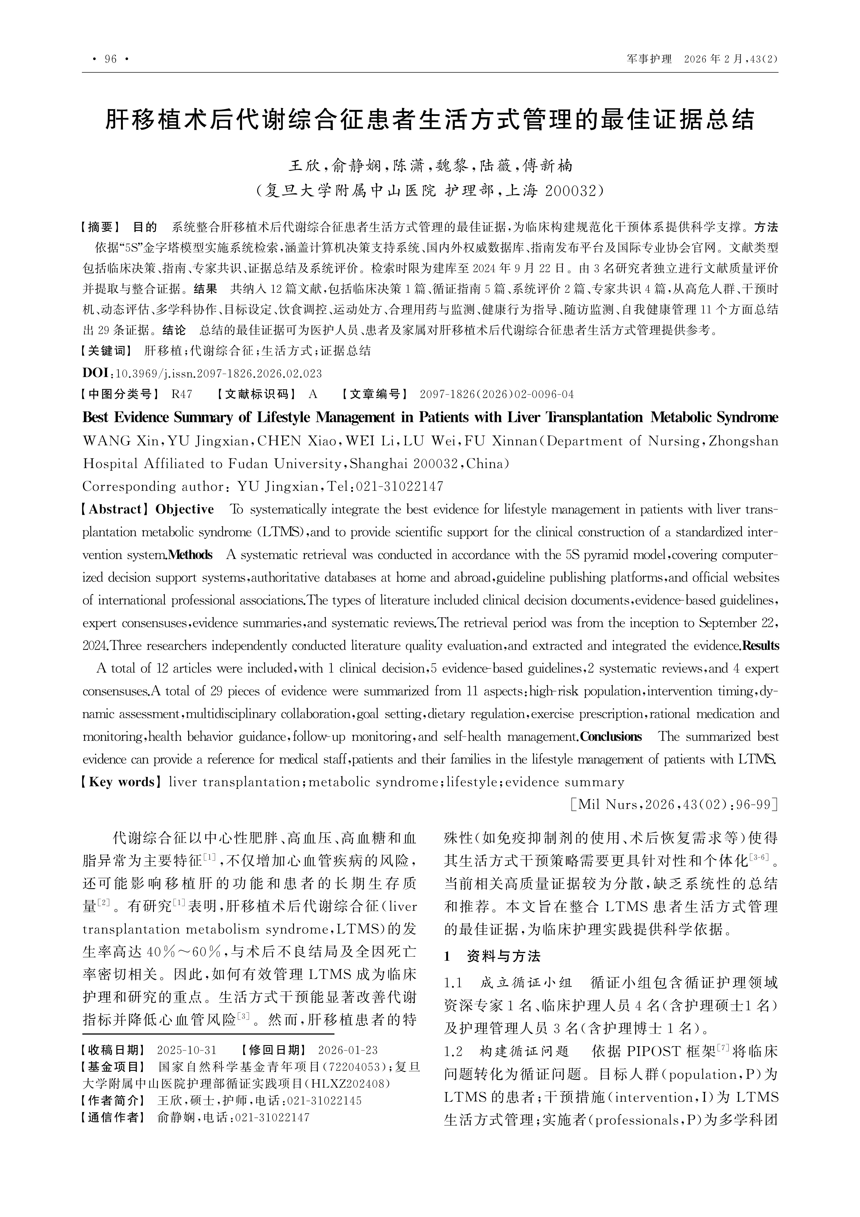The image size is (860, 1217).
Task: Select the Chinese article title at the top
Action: click(430, 120)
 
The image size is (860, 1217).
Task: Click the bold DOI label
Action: click(95, 373)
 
